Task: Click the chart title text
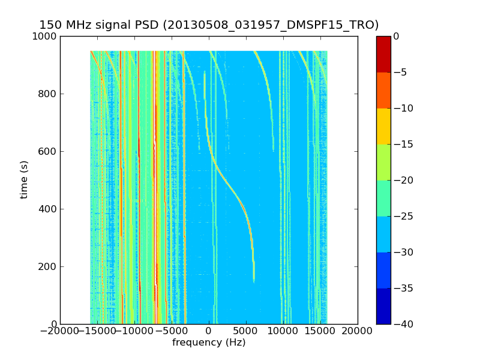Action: [209, 25]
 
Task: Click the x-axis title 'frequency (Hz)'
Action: [209, 343]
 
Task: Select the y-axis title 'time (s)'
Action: [25, 179]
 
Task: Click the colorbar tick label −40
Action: [401, 324]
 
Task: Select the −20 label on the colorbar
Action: [401, 180]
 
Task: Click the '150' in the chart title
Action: [50, 25]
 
